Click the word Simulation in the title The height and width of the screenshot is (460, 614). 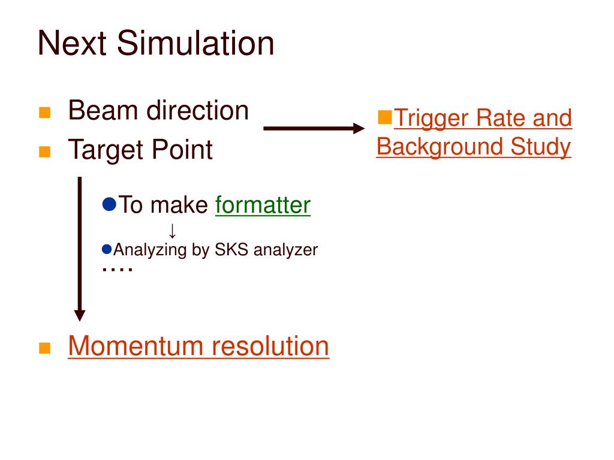(195, 44)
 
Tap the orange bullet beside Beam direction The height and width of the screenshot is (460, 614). (44, 113)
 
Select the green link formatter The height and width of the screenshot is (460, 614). (263, 205)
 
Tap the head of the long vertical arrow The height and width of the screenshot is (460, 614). (80, 315)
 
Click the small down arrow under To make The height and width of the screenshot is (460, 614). (172, 231)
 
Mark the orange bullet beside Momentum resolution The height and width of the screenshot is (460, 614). (44, 349)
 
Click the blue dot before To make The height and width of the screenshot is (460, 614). (109, 204)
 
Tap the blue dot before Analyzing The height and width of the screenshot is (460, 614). (107, 248)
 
